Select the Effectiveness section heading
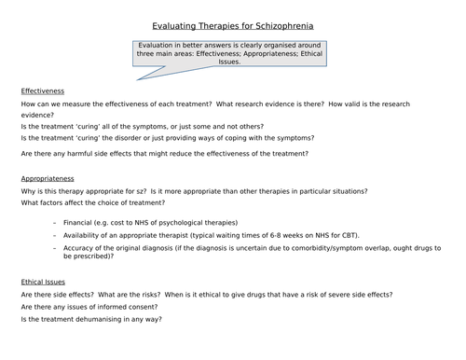click(41, 91)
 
